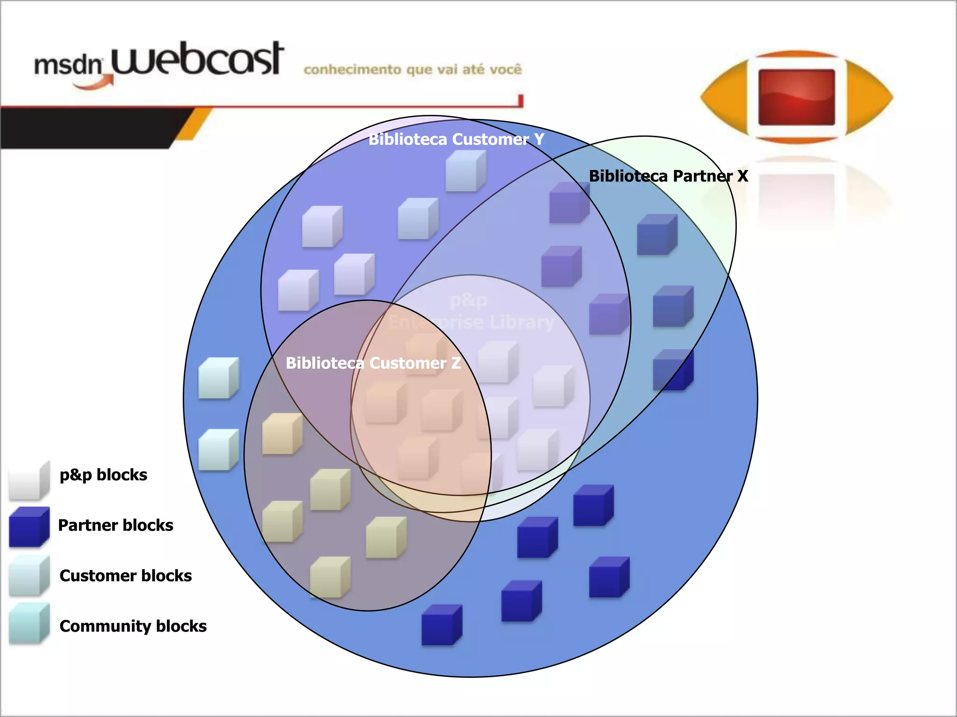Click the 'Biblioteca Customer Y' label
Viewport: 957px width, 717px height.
click(456, 139)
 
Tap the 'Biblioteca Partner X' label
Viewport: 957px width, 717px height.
click(668, 176)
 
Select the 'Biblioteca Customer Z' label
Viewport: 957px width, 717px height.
click(373, 363)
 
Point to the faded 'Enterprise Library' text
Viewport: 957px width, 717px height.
click(471, 322)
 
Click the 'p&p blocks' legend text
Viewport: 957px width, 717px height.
click(103, 475)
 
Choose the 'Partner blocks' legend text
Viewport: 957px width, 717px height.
click(115, 525)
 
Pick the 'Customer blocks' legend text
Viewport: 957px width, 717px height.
click(125, 576)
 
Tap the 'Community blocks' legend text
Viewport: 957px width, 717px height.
click(133, 626)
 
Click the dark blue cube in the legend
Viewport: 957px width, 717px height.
click(29, 527)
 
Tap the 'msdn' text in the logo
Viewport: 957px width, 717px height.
click(68, 65)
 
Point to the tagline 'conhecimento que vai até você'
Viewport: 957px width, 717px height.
click(412, 70)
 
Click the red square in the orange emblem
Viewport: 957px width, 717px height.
click(796, 97)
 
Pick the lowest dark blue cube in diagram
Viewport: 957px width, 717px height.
click(441, 625)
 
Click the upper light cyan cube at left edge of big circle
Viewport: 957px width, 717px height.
click(218, 378)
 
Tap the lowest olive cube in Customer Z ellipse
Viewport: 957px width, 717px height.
click(330, 577)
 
